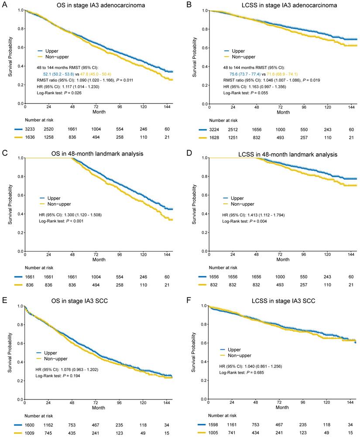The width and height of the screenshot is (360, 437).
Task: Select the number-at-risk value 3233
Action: coord(25,130)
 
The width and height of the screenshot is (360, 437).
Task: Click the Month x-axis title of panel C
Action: coord(99,259)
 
